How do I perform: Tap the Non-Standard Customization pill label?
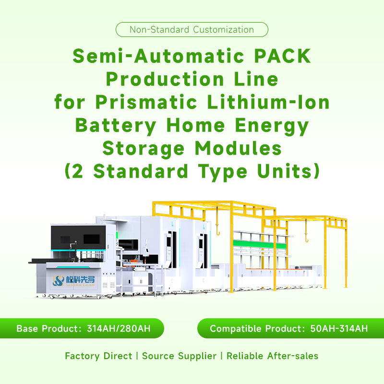click(192, 30)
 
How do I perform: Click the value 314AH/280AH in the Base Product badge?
click(119, 329)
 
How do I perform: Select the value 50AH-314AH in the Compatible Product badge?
click(339, 329)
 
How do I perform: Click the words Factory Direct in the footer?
click(98, 356)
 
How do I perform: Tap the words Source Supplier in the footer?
click(179, 356)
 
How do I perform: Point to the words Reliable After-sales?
click(272, 356)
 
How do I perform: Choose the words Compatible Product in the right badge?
click(256, 329)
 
